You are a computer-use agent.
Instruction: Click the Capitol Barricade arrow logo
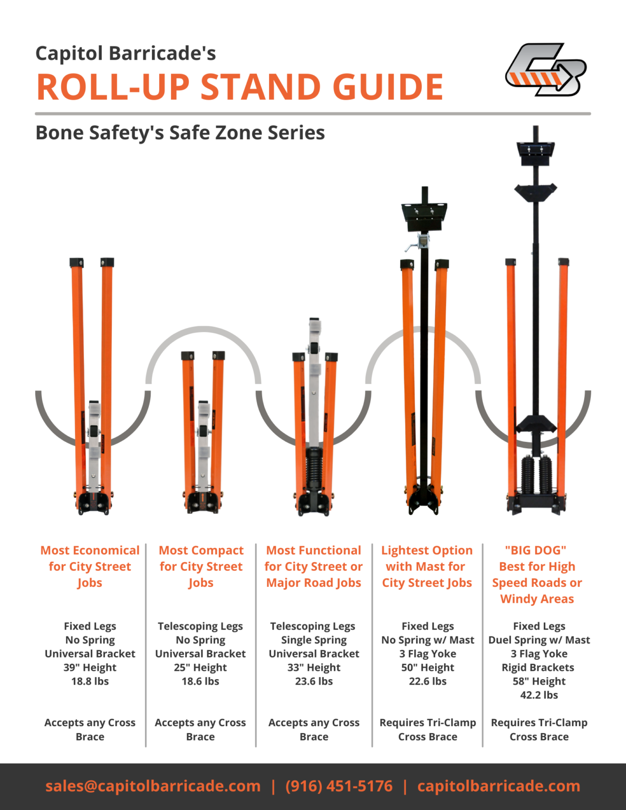coord(546,69)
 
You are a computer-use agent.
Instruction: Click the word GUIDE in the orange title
coord(388,87)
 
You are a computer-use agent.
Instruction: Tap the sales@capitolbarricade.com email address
coord(153,786)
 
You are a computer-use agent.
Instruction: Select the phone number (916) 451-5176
coord(339,786)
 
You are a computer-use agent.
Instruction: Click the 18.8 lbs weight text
coord(90,681)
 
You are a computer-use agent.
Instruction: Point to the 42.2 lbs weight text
coord(539,695)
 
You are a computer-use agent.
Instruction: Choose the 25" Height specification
coord(200,668)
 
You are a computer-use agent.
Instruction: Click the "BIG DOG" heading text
coord(536,550)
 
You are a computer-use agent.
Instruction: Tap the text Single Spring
coord(314,640)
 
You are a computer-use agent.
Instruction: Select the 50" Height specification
coord(428,668)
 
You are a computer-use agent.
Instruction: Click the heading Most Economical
coord(90,550)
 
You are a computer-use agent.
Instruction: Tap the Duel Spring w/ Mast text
coord(539,640)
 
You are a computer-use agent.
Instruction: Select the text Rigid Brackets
coord(538,668)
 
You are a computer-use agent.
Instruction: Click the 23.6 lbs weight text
coord(314,681)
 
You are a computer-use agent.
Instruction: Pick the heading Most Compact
coord(201,550)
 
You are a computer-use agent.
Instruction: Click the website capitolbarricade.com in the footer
coord(499,786)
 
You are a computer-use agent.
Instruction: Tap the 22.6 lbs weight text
coord(428,681)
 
